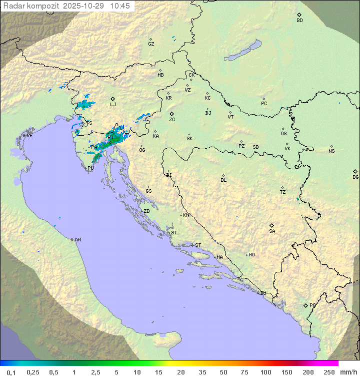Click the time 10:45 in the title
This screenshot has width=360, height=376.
pyautogui.click(x=120, y=6)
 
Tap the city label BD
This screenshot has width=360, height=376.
pyautogui.click(x=299, y=21)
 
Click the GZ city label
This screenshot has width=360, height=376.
pyautogui.click(x=151, y=44)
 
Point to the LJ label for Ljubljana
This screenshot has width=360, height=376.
pyautogui.click(x=113, y=105)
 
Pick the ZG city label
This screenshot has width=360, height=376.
pyautogui.click(x=172, y=120)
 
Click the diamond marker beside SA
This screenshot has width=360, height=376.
pyautogui.click(x=272, y=225)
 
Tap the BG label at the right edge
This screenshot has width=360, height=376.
pyautogui.click(x=355, y=177)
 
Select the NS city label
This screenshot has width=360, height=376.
pyautogui.click(x=331, y=151)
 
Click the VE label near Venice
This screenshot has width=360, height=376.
pyautogui.click(x=29, y=136)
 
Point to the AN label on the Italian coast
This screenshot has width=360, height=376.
pyautogui.click(x=77, y=240)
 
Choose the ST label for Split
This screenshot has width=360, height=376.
pyautogui.click(x=198, y=245)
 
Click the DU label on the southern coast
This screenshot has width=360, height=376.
pyautogui.click(x=263, y=293)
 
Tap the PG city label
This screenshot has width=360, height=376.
pyautogui.click(x=312, y=305)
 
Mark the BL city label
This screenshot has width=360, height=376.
pyautogui.click(x=223, y=180)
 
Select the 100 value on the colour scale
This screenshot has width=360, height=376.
pyautogui.click(x=265, y=372)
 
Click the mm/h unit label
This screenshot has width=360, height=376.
pyautogui.click(x=347, y=372)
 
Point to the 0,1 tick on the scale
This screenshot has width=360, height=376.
pyautogui.click(x=11, y=372)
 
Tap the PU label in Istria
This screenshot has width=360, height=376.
pyautogui.click(x=90, y=169)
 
